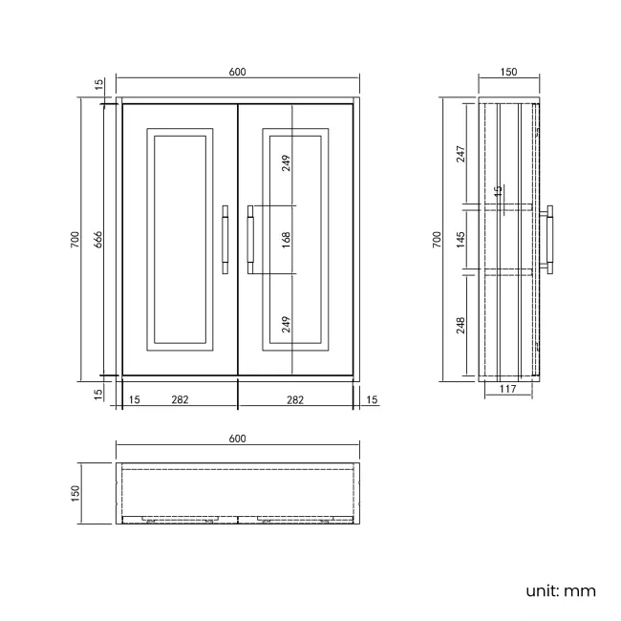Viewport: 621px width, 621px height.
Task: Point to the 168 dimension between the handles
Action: tap(286, 239)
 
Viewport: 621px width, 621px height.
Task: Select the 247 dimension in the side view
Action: tap(460, 153)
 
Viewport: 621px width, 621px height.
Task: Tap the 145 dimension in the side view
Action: tap(460, 239)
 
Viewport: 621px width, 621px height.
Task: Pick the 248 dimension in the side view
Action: tap(460, 326)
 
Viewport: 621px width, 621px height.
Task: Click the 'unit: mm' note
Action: tap(560, 590)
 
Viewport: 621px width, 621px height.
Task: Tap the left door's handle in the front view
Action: tap(225, 240)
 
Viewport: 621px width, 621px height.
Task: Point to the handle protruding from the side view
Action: tap(549, 240)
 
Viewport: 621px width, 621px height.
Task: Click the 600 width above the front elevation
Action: tap(237, 72)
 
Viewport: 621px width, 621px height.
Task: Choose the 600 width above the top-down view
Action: tap(237, 439)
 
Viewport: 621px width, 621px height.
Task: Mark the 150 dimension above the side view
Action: tap(508, 72)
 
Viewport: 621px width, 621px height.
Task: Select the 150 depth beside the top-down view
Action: tap(75, 492)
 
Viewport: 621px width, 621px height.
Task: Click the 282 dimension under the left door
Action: tap(179, 399)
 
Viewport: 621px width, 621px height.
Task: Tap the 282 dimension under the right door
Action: tap(295, 399)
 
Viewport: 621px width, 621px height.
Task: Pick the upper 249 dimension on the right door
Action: tap(286, 162)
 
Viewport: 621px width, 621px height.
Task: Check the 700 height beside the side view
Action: tap(437, 239)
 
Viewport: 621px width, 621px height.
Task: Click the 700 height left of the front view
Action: tap(75, 241)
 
